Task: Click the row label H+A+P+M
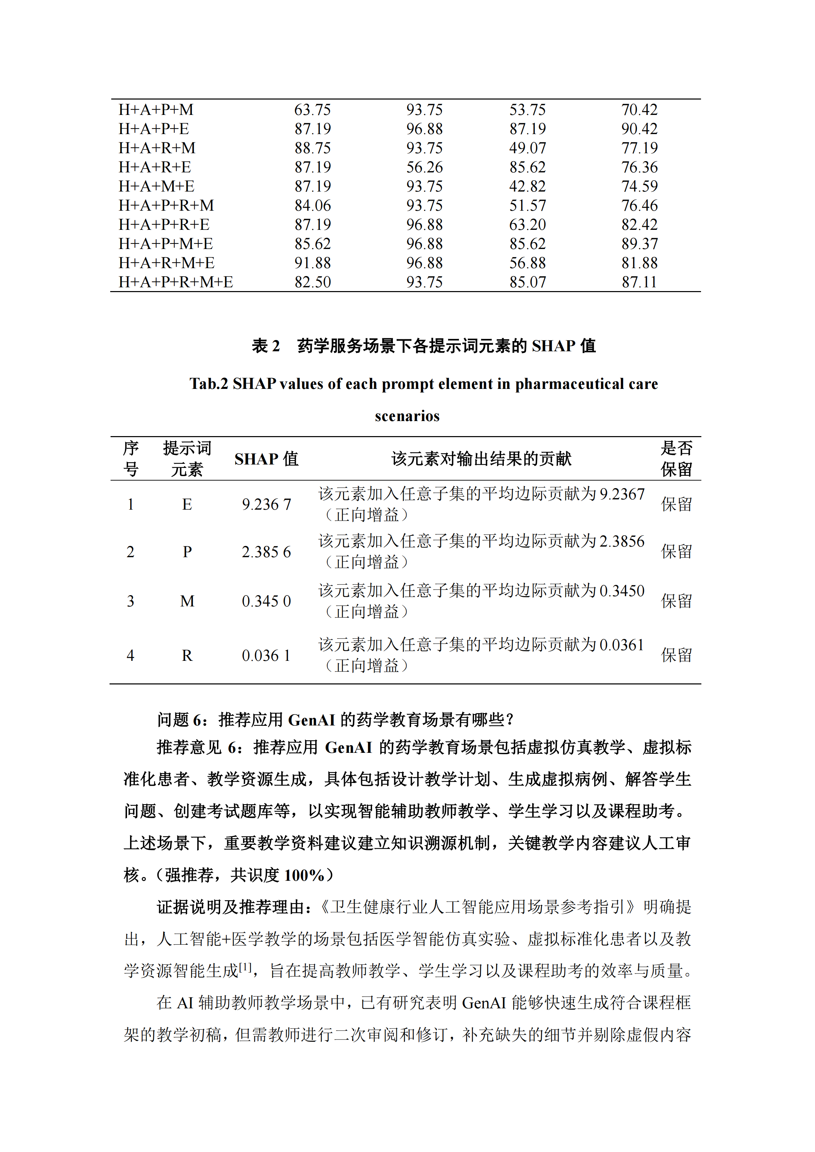[156, 109]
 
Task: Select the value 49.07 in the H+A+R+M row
[527, 148]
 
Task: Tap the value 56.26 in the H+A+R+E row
[424, 167]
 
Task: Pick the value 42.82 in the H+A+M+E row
[527, 186]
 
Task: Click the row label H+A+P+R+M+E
[176, 282]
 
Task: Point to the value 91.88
[312, 263]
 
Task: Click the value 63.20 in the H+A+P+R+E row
[527, 224]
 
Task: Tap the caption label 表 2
[266, 346]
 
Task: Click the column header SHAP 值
[266, 459]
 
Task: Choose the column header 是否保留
[676, 459]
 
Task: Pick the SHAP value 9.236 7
[266, 504]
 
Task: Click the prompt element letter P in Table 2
[187, 552]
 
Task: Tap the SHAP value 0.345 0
[266, 601]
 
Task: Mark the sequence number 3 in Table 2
[130, 601]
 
